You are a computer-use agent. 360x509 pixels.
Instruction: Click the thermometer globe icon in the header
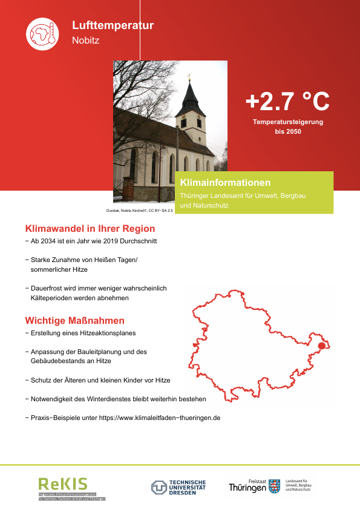(x=41, y=33)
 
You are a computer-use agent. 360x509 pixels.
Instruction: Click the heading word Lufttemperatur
(x=113, y=25)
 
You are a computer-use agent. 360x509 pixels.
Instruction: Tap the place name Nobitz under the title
(x=85, y=41)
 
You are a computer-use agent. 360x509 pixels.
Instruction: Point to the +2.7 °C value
(x=287, y=102)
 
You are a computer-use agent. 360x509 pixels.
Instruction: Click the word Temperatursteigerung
(x=287, y=122)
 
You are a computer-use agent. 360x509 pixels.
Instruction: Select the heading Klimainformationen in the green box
(x=225, y=182)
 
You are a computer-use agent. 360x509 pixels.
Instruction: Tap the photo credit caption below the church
(x=140, y=210)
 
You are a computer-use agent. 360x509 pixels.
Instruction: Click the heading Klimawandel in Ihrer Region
(x=90, y=229)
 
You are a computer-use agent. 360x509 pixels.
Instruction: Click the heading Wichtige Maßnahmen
(x=74, y=320)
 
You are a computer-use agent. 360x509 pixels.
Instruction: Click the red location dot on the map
(x=321, y=346)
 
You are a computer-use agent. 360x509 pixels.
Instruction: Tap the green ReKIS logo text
(x=63, y=483)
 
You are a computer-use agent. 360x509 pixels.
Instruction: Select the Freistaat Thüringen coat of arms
(x=275, y=485)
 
